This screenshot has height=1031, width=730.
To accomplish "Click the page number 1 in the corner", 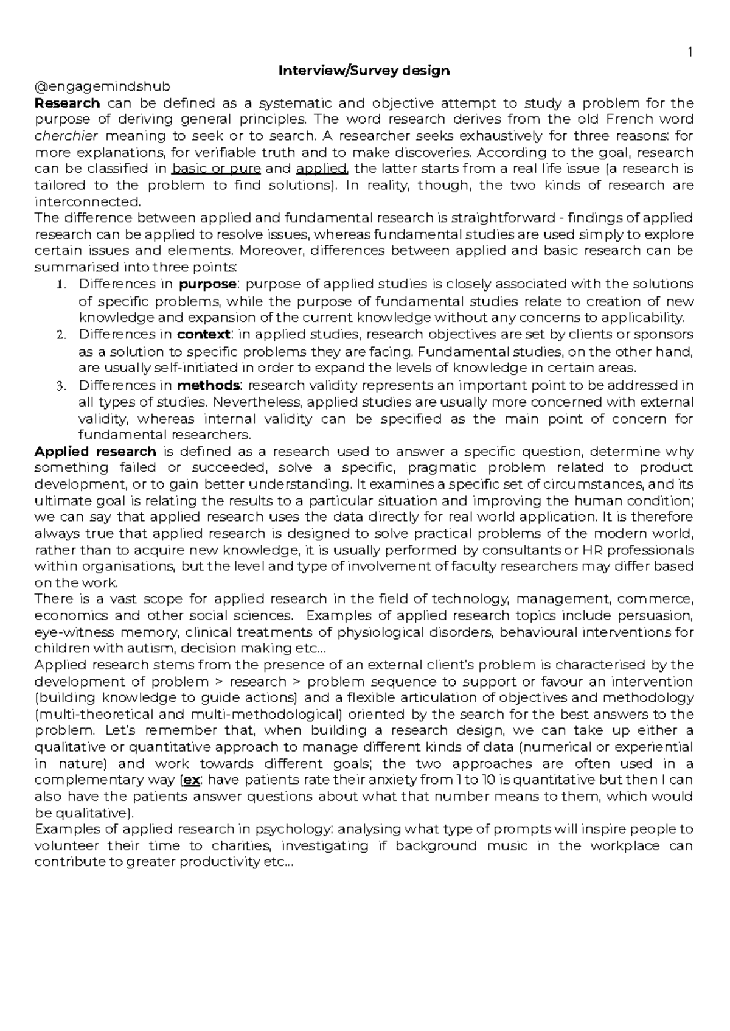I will click(690, 54).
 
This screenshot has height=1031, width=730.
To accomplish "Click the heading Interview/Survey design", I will click(364, 71).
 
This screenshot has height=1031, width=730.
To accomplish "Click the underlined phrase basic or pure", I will click(217, 169).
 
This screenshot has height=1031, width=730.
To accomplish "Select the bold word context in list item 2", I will click(204, 334).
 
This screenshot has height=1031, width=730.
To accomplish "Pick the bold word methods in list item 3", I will click(209, 385).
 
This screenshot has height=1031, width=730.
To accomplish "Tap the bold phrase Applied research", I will click(96, 452).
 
